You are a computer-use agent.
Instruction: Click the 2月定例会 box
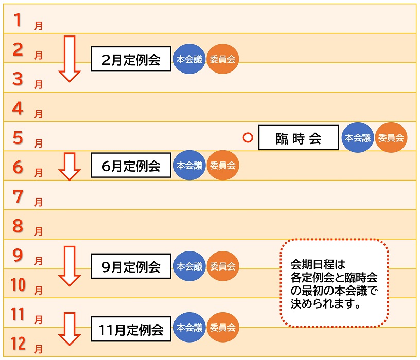(131, 60)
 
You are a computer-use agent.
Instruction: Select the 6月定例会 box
(131, 166)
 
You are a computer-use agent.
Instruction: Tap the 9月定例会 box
(131, 266)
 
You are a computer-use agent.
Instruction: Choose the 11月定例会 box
(131, 328)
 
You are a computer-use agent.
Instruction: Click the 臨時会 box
(299, 138)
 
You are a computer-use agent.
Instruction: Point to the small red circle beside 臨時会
(248, 138)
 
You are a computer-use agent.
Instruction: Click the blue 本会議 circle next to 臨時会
(358, 138)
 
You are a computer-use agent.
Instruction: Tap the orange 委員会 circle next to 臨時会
(391, 138)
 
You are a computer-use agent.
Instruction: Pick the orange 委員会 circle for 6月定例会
(223, 166)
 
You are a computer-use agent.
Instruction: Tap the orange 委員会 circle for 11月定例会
(223, 328)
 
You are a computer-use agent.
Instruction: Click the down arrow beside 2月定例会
(69, 59)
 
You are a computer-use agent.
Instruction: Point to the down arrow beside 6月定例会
(69, 166)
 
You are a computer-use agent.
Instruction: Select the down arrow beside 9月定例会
(69, 265)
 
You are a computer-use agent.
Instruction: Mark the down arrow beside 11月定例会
(69, 328)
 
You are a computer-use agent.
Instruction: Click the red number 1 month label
(19, 20)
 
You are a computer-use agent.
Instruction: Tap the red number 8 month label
(19, 226)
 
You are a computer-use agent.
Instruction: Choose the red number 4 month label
(19, 108)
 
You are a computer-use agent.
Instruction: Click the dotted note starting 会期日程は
(334, 283)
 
